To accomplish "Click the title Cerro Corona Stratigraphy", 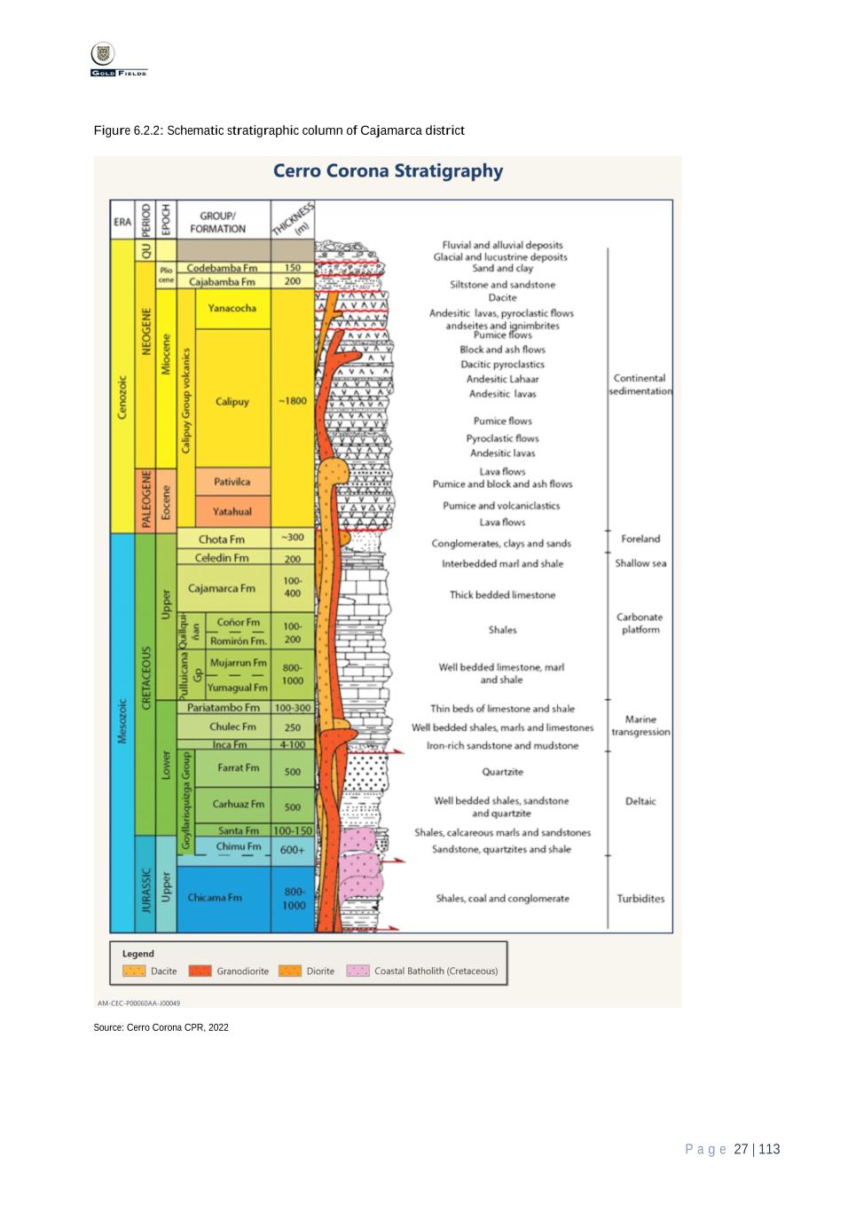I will tap(388, 171).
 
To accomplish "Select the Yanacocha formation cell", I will tap(232, 309).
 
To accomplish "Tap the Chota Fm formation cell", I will tap(222, 539).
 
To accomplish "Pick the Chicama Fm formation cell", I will tap(215, 898).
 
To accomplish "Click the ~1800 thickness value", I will tap(292, 401).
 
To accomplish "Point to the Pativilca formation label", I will tap(232, 482).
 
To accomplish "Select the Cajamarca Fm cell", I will tap(222, 588).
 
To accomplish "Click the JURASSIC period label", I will tap(146, 889).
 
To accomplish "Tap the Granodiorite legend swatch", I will tap(200, 971).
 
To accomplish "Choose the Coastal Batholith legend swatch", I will tap(357, 971).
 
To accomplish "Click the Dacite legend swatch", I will tap(134, 971).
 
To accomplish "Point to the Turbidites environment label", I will tap(640, 899).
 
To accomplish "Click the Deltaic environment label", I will tap(640, 801).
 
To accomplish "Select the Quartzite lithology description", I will tap(502, 772).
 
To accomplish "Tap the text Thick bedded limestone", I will tap(502, 595).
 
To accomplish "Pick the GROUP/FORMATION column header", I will tap(217, 222).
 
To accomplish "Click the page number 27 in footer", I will tap(742, 1150).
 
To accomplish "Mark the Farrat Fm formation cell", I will tap(238, 768).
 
